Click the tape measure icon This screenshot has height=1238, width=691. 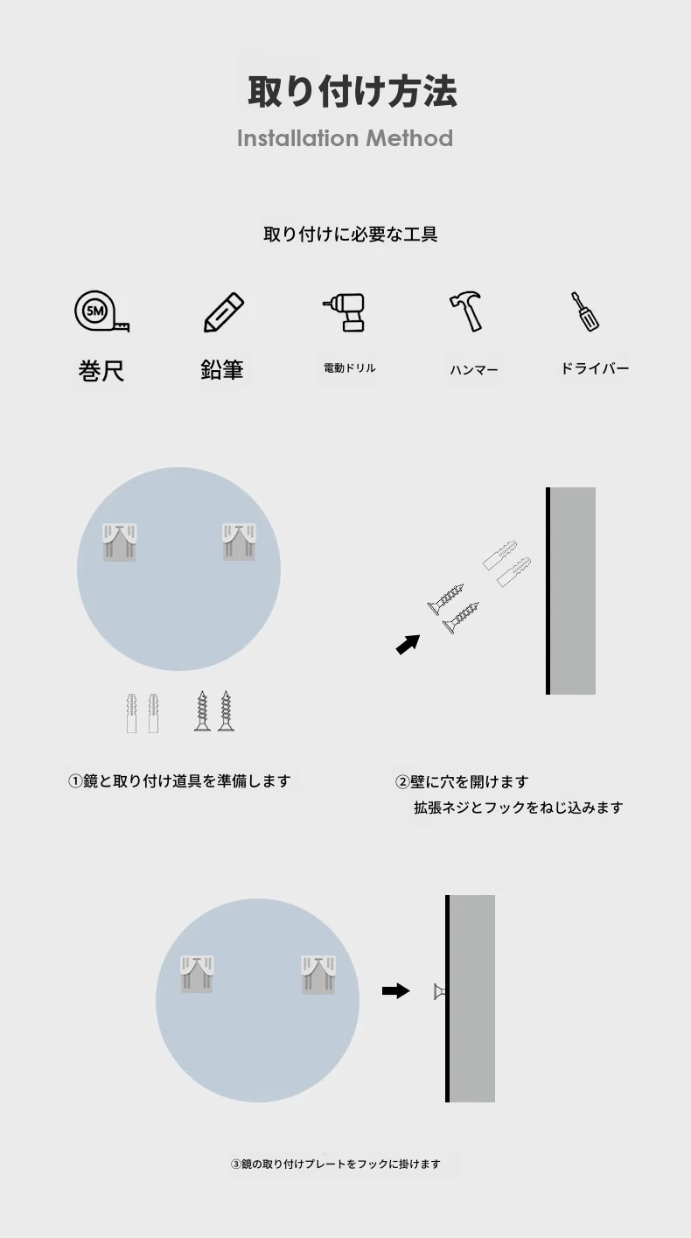tap(101, 311)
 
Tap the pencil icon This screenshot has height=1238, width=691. tap(224, 312)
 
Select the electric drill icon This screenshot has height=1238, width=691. tap(344, 312)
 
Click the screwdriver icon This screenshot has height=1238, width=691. tap(585, 311)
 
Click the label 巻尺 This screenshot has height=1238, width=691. tap(101, 371)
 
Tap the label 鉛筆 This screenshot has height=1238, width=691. tap(222, 370)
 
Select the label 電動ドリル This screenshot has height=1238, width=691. tap(350, 368)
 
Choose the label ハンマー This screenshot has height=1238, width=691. tap(474, 370)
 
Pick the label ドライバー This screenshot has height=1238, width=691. tap(595, 368)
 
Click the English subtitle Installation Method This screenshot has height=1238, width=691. tap(345, 138)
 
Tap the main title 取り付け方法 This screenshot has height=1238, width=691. tap(352, 91)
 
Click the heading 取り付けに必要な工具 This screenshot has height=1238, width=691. tap(350, 234)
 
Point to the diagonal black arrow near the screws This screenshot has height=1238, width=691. tap(408, 645)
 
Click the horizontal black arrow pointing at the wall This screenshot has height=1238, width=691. tap(396, 991)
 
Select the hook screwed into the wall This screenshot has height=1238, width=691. tap(440, 992)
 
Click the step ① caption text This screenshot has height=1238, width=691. tap(179, 781)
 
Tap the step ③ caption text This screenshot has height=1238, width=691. tap(336, 1164)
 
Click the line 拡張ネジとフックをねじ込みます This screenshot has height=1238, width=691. tap(519, 808)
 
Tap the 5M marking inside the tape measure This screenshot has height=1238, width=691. tap(95, 311)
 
